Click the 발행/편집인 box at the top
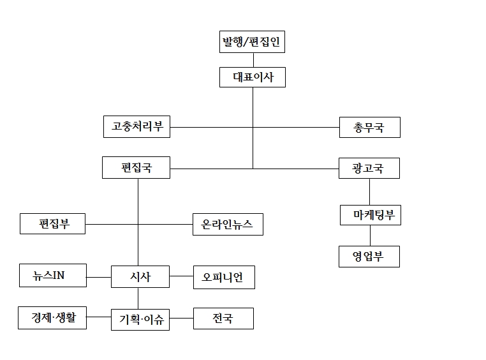(x=251, y=43)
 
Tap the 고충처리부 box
(x=136, y=126)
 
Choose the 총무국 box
(x=369, y=127)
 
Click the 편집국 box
(x=136, y=169)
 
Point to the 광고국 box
(x=369, y=169)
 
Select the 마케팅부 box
(x=370, y=215)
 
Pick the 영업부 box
(x=369, y=257)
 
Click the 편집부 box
(x=52, y=224)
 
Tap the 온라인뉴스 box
(x=228, y=224)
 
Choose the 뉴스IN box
(x=52, y=276)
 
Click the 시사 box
(x=140, y=276)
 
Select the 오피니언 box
(x=223, y=277)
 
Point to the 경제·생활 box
(x=52, y=317)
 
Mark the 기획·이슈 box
(x=141, y=319)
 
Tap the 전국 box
(x=223, y=319)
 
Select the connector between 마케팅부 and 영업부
(x=370, y=236)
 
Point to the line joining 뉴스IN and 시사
(x=98, y=277)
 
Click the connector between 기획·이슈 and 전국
(x=182, y=319)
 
